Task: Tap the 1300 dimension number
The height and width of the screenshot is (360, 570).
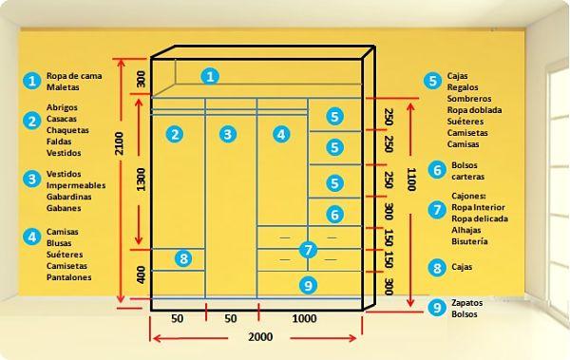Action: pos(141,178)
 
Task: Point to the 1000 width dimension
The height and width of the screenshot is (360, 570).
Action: pos(305,318)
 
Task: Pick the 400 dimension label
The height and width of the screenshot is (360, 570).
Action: pos(141,275)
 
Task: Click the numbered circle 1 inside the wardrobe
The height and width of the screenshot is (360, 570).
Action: pos(212,76)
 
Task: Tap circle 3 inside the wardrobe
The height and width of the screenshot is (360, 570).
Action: pos(227,134)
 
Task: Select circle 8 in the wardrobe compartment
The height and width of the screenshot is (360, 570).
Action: pos(184,257)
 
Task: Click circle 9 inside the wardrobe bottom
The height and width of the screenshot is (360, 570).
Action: pos(306,284)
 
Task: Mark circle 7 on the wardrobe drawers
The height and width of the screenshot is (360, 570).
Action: pos(306,250)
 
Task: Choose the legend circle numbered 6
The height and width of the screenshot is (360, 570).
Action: pos(436,170)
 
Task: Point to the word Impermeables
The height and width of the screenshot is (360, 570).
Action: pos(75,185)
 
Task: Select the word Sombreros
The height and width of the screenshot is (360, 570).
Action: pos(469,99)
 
